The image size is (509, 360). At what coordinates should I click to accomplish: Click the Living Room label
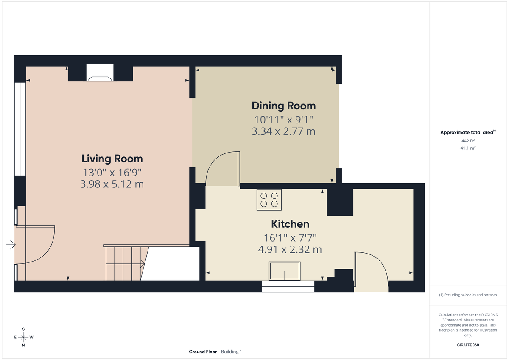[x=112, y=159]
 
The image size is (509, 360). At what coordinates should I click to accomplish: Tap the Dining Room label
[x=283, y=106]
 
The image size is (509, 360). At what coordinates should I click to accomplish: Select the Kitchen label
[x=290, y=224]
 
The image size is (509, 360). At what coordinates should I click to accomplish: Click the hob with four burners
[x=269, y=200]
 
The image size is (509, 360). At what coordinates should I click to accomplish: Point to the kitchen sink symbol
[x=284, y=271]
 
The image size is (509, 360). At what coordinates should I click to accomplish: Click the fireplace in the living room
[x=100, y=73]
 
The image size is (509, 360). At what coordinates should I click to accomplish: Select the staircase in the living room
[x=125, y=262]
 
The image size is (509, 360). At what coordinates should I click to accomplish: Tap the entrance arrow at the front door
[x=11, y=245]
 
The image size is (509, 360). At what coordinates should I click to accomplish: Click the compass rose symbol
[x=23, y=337]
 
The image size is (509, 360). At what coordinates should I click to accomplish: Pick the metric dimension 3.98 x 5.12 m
[x=112, y=184]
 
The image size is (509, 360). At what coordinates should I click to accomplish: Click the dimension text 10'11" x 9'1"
[x=283, y=119]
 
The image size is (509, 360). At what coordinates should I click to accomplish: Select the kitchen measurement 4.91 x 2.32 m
[x=290, y=250]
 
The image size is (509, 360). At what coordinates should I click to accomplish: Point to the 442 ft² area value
[x=468, y=140]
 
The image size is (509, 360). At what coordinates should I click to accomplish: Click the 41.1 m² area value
[x=468, y=148]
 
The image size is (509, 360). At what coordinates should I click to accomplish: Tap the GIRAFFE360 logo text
[x=468, y=345]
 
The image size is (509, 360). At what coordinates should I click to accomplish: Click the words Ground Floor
[x=203, y=352]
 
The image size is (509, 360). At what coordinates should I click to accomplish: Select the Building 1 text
[x=232, y=352]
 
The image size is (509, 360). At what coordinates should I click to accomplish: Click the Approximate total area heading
[x=467, y=132]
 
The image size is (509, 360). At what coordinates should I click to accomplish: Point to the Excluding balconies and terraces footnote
[x=468, y=295]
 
